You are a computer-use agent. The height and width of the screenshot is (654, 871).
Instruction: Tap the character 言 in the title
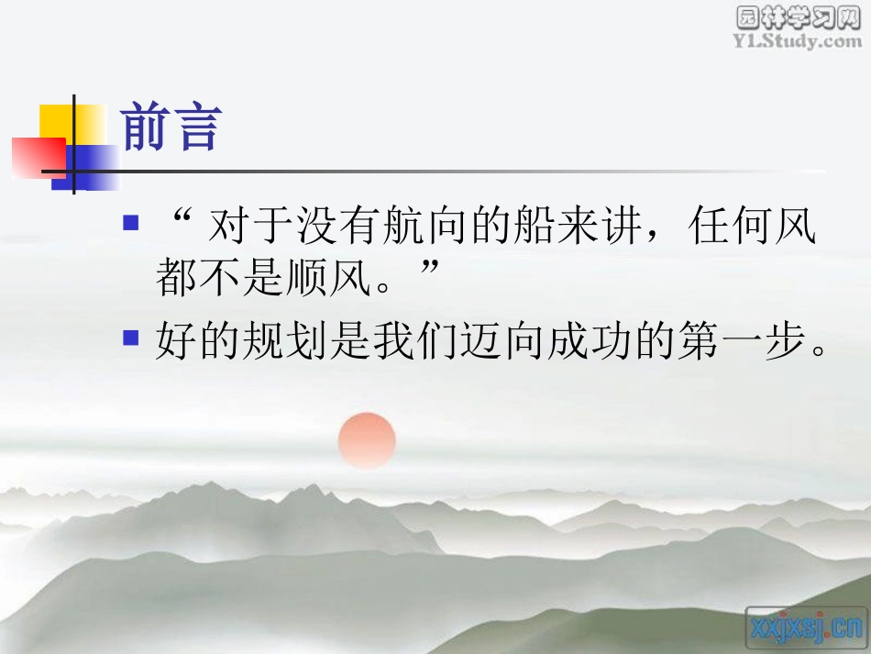click(197, 129)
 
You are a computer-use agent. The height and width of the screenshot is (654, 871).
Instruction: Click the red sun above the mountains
click(367, 439)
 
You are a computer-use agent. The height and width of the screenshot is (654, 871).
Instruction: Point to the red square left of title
click(37, 156)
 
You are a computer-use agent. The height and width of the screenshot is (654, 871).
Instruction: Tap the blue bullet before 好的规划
click(131, 337)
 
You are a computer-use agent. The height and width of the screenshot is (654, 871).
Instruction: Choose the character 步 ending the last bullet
click(786, 342)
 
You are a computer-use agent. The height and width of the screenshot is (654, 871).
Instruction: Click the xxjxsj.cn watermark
click(806, 628)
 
